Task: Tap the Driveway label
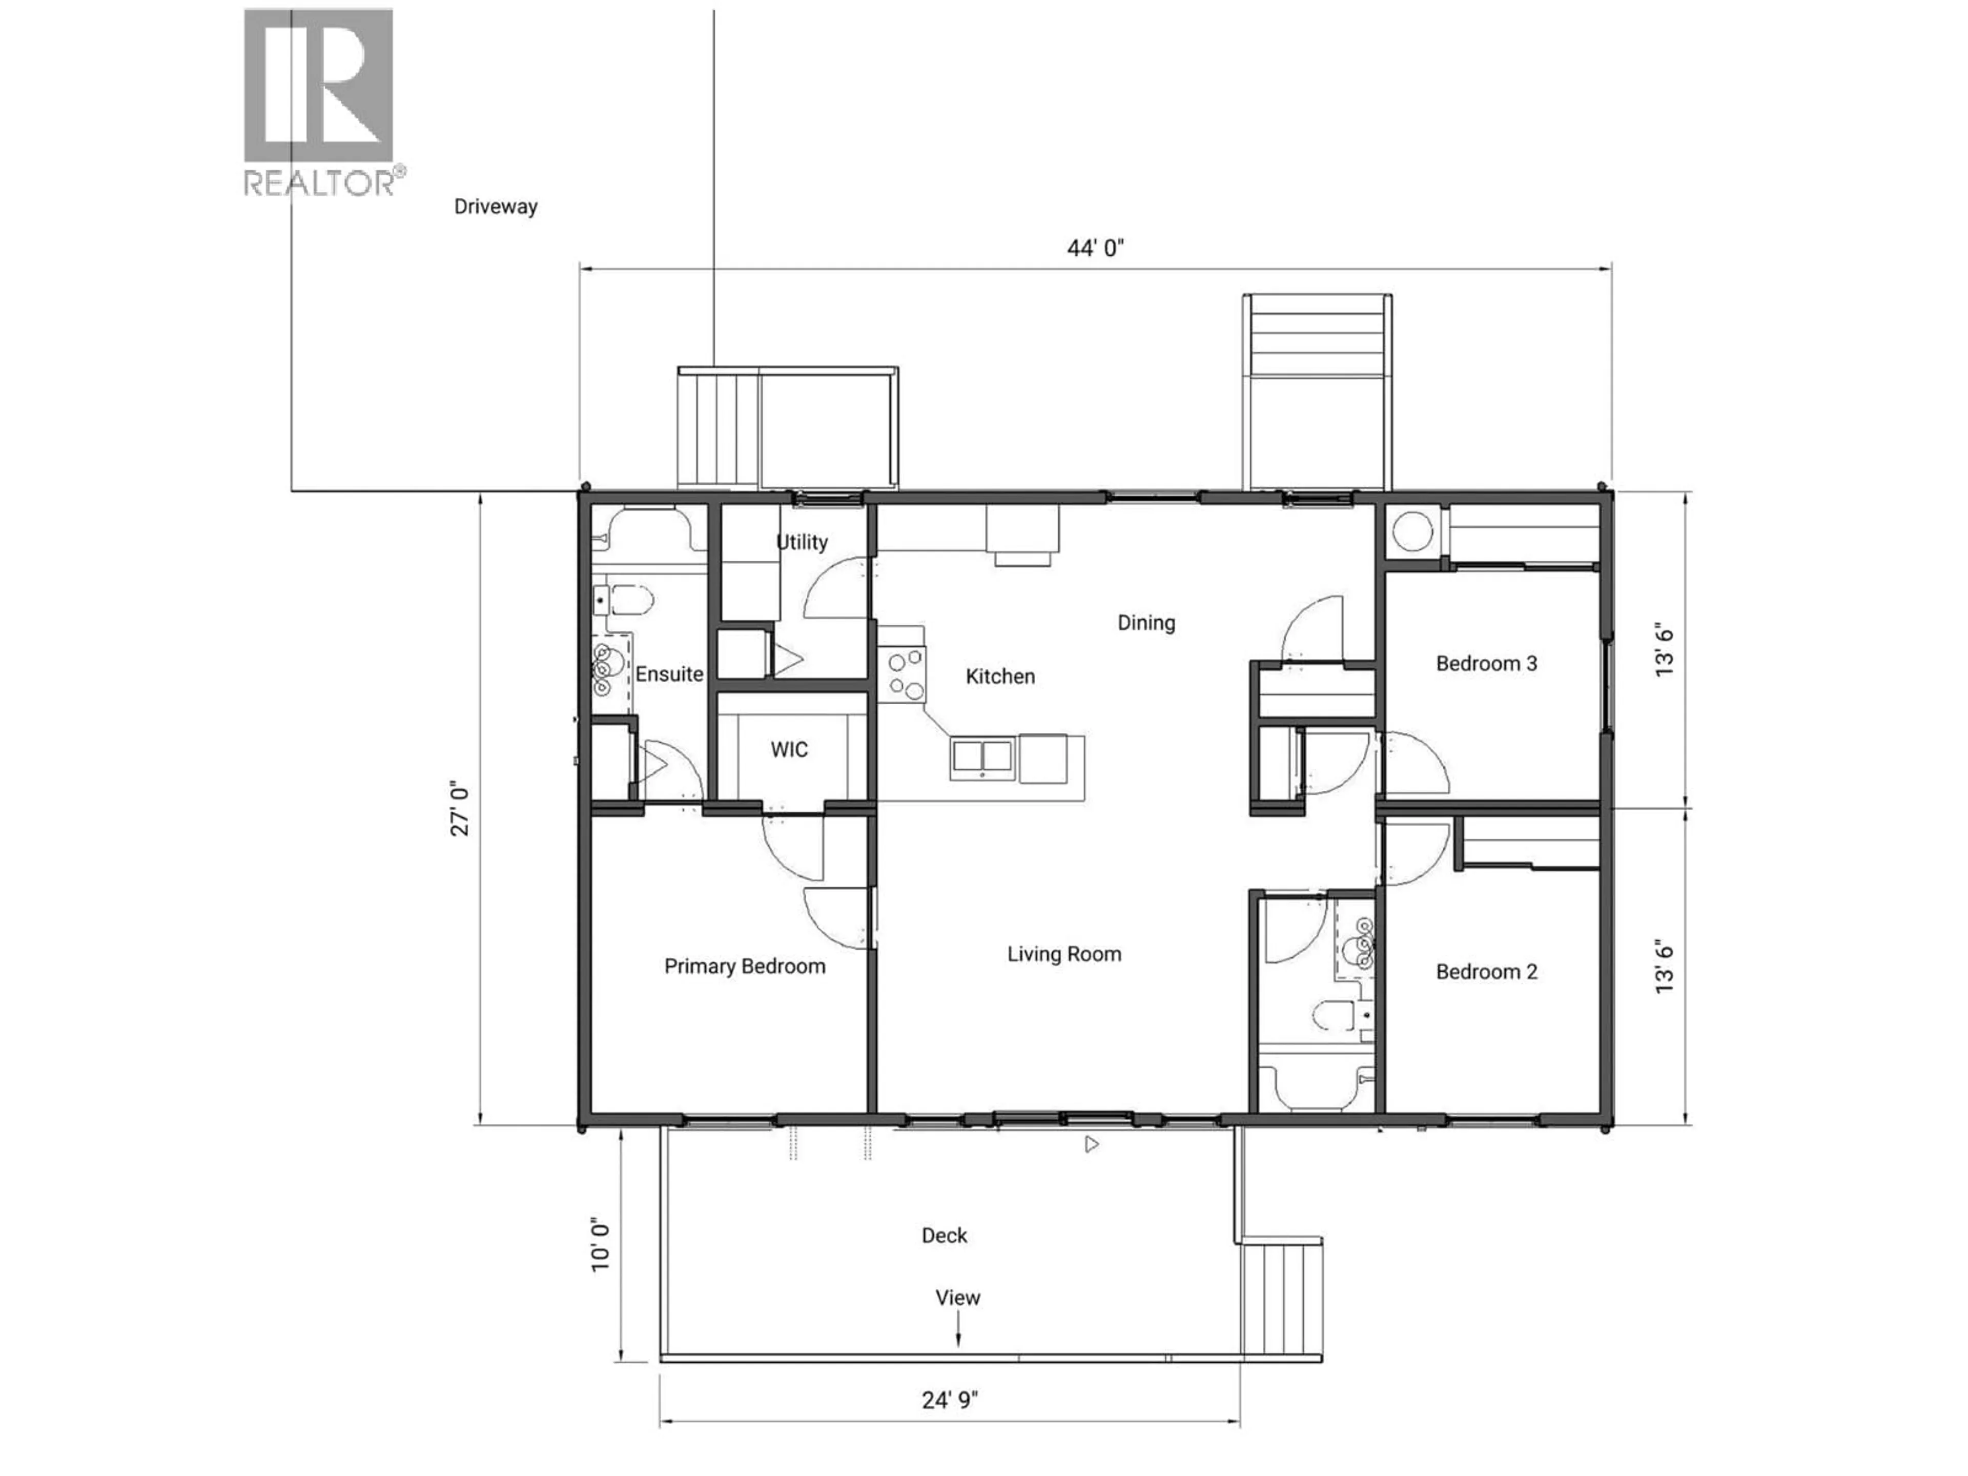coord(496,207)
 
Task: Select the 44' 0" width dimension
coord(1095,248)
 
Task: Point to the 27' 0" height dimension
coord(459,810)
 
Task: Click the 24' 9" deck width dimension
coord(949,1400)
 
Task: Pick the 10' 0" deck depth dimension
coord(602,1245)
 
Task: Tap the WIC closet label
coord(789,749)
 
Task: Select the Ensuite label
coord(669,673)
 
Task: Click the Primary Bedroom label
coord(745,966)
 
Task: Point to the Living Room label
coord(1064,954)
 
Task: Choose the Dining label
coord(1146,623)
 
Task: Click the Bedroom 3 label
coord(1486,663)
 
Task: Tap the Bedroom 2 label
coord(1486,972)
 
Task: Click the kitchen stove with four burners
coord(904,675)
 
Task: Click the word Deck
coord(944,1235)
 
